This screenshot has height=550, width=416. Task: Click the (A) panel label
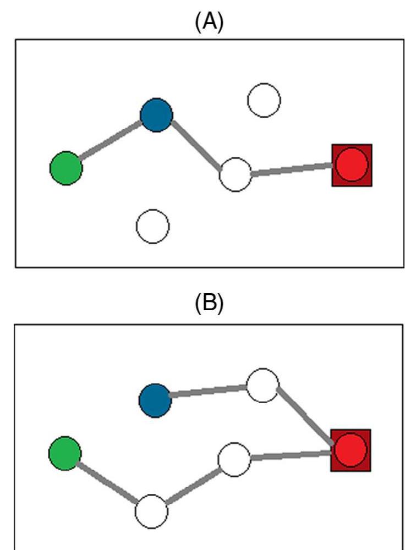210,25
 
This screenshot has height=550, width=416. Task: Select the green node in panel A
66,168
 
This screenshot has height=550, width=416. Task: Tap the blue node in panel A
157,115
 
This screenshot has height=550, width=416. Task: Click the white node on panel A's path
236,174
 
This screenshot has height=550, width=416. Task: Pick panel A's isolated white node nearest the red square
264,100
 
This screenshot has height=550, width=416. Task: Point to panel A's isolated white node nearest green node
153,226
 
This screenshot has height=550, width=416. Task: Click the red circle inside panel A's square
352,165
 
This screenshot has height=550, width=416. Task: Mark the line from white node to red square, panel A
292,170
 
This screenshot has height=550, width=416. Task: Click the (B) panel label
210,305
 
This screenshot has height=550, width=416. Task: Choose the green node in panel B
65,454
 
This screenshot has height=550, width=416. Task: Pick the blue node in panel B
155,400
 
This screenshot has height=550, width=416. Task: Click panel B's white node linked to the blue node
262,386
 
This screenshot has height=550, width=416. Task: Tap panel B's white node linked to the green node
151,510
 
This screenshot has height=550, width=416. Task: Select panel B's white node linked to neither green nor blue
234,460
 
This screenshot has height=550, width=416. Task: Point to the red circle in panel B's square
351,450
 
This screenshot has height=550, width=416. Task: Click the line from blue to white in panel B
209,391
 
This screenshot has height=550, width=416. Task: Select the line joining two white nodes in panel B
193,486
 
